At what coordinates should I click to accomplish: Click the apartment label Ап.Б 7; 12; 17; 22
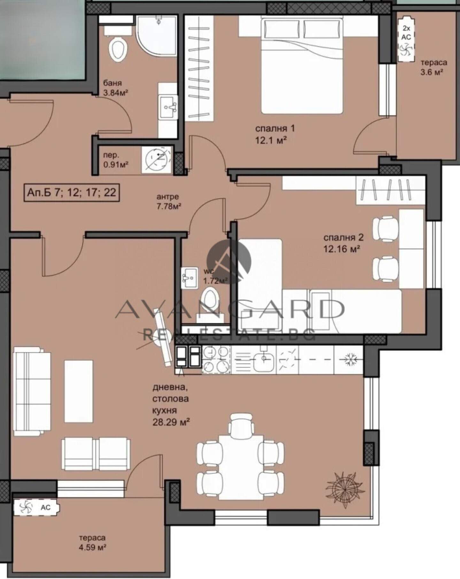(72, 192)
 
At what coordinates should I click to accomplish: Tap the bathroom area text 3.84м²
(116, 93)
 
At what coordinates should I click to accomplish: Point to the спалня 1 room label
(275, 129)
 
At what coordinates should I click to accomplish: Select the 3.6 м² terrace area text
(432, 72)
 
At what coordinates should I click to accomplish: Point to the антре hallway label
(168, 197)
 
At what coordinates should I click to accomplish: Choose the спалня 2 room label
(343, 237)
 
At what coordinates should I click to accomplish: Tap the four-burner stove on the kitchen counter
(216, 359)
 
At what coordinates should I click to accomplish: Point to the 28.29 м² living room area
(171, 422)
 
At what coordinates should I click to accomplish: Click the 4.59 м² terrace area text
(93, 547)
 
